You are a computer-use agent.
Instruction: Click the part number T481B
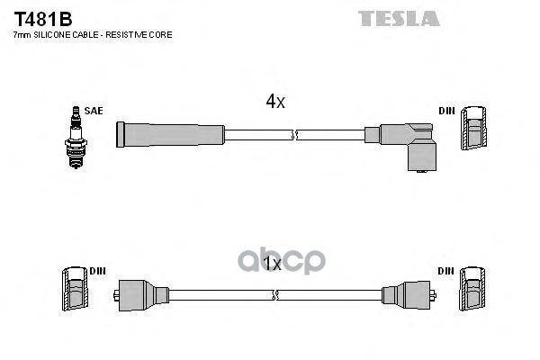coord(42,17)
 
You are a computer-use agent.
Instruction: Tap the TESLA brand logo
coord(400,18)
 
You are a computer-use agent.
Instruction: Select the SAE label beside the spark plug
coord(94,111)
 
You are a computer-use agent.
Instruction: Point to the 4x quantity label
coord(274,103)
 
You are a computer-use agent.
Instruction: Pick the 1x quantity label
coord(272,265)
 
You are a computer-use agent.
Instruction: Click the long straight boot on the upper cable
coord(169,135)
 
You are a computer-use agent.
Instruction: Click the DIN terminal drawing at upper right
coord(474,130)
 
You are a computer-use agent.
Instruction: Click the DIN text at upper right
coord(446,111)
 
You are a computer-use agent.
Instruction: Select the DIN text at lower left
coord(98,270)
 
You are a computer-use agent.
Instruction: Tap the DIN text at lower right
coord(446,270)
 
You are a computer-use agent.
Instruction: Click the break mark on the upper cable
coord(294,135)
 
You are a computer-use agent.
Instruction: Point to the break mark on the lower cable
coord(276,294)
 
